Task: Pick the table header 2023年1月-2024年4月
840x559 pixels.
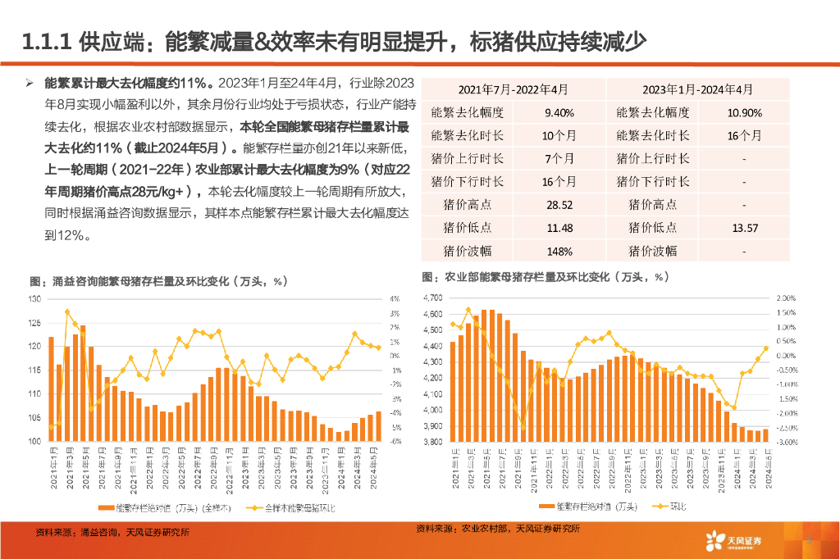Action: point(697,89)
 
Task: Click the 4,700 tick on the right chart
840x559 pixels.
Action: point(433,298)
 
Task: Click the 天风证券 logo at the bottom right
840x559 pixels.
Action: point(733,539)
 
